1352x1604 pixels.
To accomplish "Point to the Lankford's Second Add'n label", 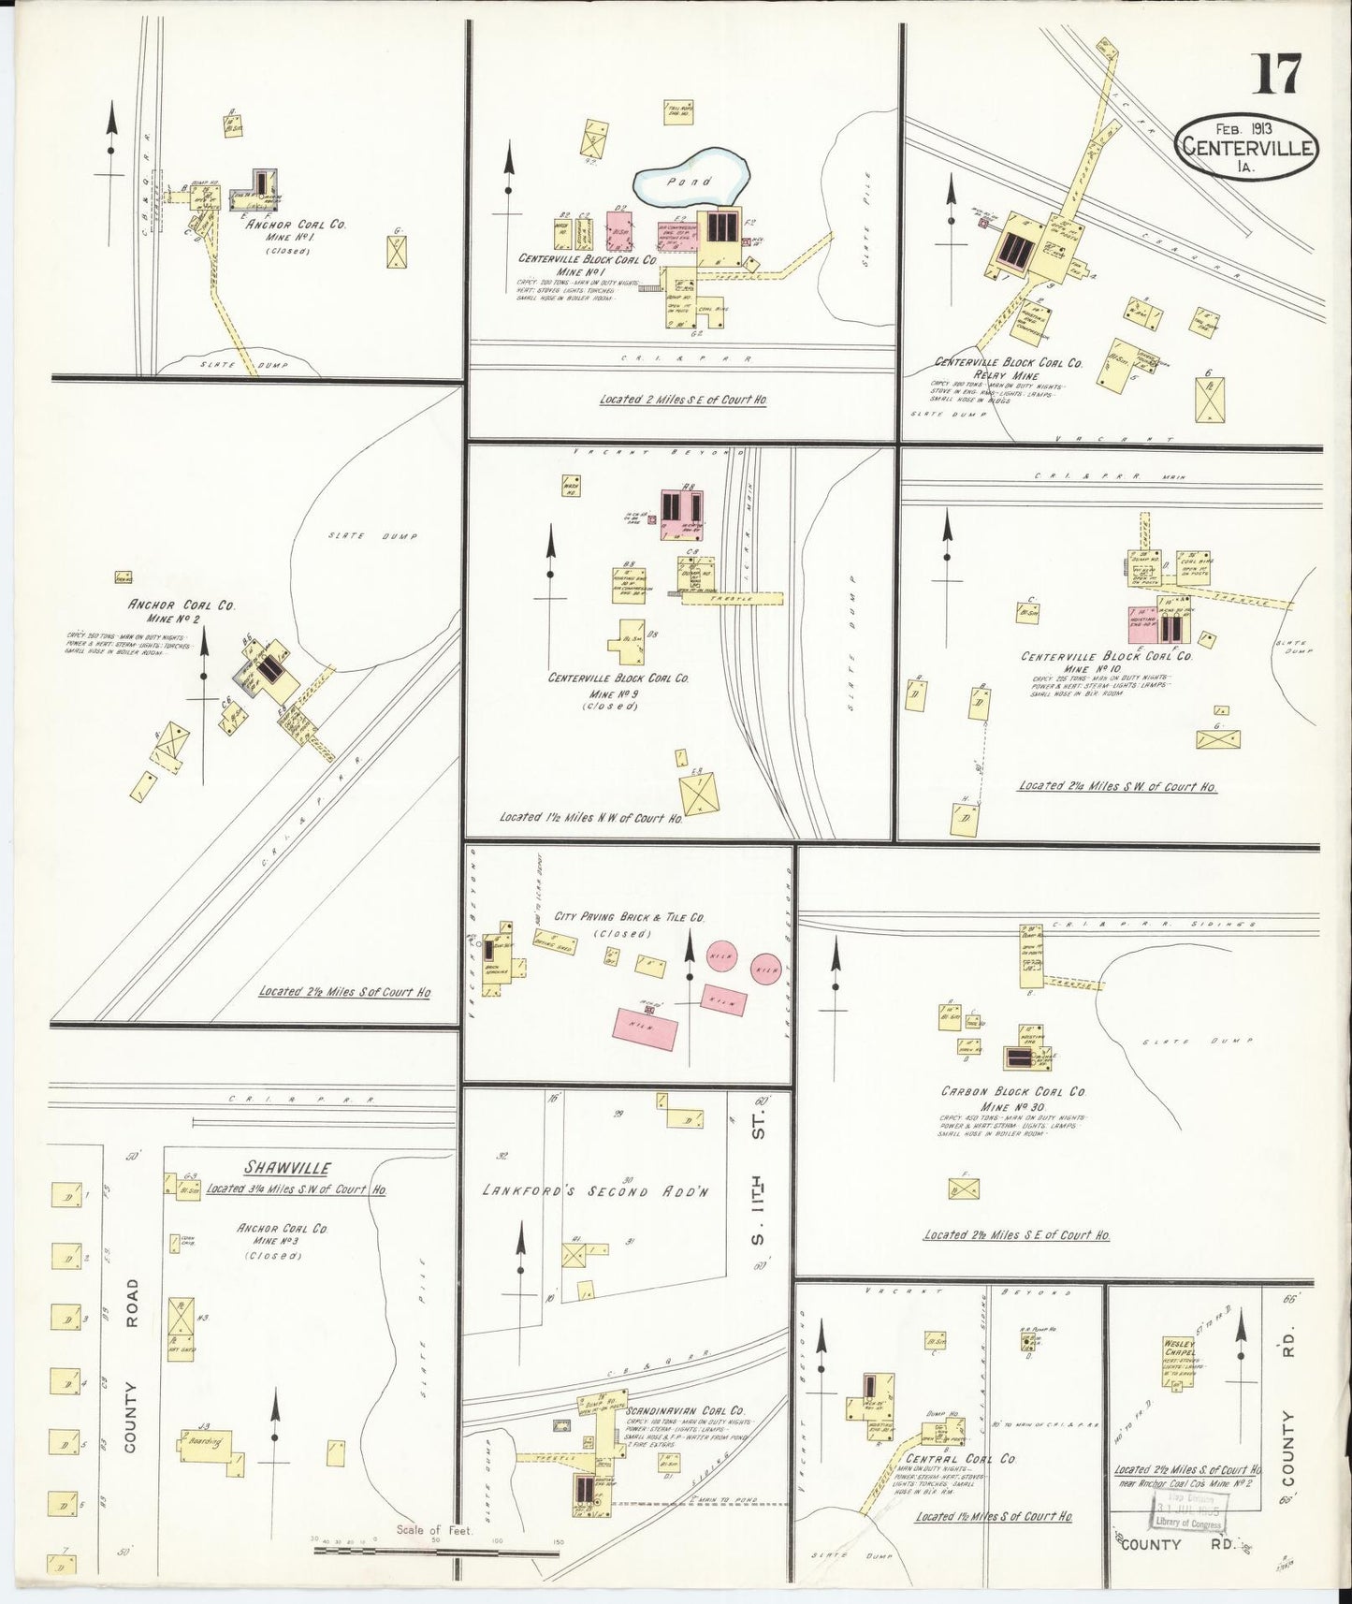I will (x=598, y=1191).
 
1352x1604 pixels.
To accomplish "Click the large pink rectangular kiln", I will (x=647, y=1026).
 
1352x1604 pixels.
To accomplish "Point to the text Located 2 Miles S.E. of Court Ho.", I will (x=683, y=400).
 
